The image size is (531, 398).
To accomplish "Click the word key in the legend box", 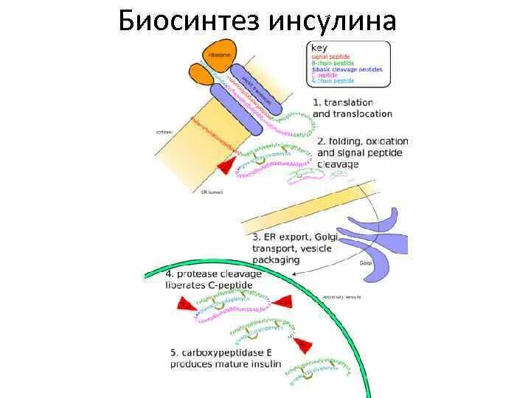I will coord(319,48).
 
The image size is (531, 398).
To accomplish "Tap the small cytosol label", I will coord(163,131).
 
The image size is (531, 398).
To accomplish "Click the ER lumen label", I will coord(211,192).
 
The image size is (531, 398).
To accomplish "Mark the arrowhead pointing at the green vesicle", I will coord(296,273).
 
